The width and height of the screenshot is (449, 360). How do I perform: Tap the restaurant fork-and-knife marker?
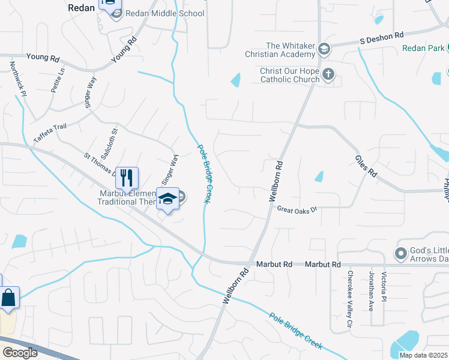tap(127, 178)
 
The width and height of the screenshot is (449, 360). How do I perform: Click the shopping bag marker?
tap(8, 298)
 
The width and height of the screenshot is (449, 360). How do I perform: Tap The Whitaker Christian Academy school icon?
tap(324, 49)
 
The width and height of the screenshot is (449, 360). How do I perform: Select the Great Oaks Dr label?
tap(296, 209)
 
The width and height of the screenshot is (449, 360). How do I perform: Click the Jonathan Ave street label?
tap(372, 298)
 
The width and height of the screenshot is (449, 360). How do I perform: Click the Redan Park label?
tap(422, 47)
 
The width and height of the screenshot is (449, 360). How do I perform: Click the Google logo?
tap(20, 353)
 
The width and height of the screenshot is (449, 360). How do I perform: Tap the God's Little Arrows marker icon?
tap(401, 253)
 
